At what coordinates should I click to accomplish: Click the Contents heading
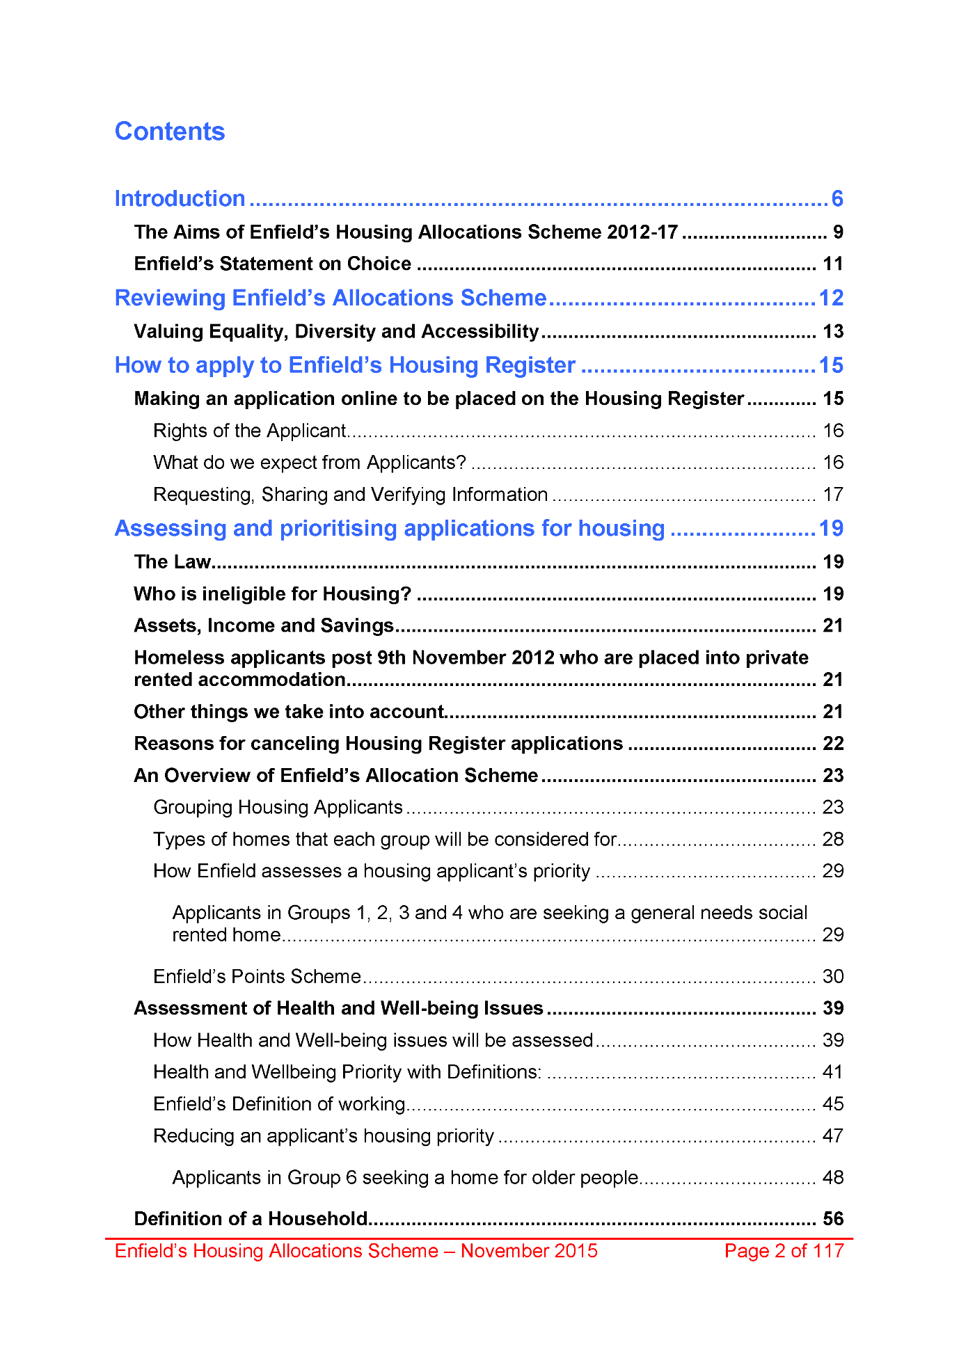170,131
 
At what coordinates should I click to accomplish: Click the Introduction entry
180,199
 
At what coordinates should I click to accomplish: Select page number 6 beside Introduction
837,199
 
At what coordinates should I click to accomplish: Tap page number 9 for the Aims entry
838,232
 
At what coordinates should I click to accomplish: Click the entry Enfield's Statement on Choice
272,264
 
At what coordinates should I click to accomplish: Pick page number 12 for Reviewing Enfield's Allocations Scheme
831,298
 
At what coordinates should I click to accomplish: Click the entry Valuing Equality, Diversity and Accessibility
336,332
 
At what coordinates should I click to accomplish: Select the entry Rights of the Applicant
249,431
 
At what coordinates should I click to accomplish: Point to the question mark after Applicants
461,463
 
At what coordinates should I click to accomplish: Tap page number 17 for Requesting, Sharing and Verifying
833,495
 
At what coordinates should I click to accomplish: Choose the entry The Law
172,562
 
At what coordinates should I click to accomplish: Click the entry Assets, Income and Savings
264,626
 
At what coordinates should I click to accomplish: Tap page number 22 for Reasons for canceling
833,744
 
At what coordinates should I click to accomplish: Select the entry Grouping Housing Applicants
278,808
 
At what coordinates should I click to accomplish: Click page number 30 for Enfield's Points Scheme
833,977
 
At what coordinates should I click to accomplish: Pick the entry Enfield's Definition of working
279,1104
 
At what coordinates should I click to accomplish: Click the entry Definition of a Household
251,1219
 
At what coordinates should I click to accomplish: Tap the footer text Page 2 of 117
784,1251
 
